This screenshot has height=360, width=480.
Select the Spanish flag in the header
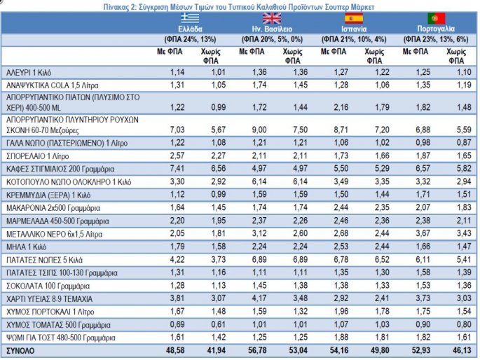[350, 18]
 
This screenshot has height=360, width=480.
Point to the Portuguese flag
[436, 18]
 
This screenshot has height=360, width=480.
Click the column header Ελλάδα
[190, 29]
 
